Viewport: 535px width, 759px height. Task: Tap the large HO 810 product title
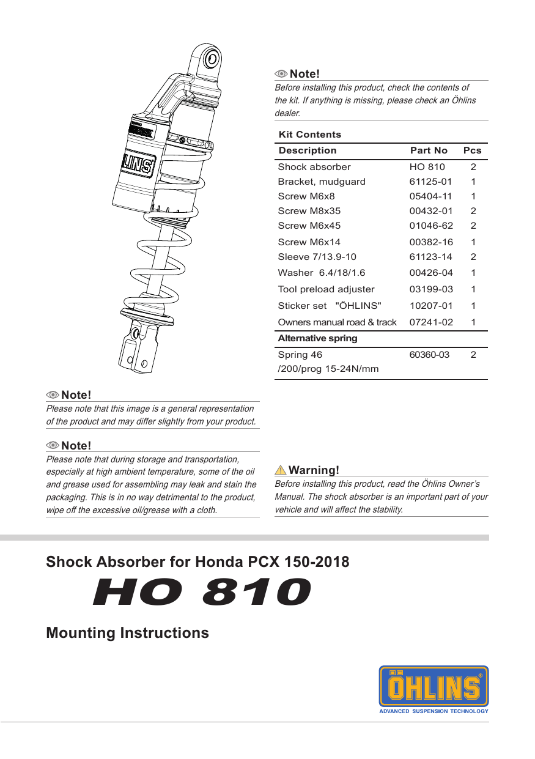pyautogui.click(x=202, y=593)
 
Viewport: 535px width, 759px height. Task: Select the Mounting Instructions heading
pyautogui.click(x=127, y=632)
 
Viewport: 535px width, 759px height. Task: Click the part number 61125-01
pyautogui.click(x=431, y=182)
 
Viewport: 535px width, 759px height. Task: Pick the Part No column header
pyautogui.click(x=429, y=150)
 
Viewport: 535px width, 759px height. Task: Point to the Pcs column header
pyautogui.click(x=472, y=150)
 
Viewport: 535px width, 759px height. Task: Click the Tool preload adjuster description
pyautogui.click(x=326, y=289)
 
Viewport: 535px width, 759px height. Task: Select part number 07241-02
pyautogui.click(x=431, y=322)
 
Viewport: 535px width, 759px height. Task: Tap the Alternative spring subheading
pyautogui.click(x=317, y=338)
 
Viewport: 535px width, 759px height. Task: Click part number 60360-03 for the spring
pyautogui.click(x=429, y=355)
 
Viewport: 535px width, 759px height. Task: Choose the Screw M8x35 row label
pyautogui.click(x=309, y=211)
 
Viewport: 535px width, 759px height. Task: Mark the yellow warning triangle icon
pyautogui.click(x=281, y=470)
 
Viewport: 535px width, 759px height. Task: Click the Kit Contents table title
pyautogui.click(x=309, y=135)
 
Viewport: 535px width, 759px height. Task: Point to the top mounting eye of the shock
pyautogui.click(x=212, y=59)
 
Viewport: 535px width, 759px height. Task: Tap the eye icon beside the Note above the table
pyautogui.click(x=281, y=74)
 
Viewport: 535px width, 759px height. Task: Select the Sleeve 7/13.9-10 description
pyautogui.click(x=317, y=257)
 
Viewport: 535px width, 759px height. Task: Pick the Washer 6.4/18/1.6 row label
pyautogui.click(x=322, y=273)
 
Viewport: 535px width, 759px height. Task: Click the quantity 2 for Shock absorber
pyautogui.click(x=473, y=167)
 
